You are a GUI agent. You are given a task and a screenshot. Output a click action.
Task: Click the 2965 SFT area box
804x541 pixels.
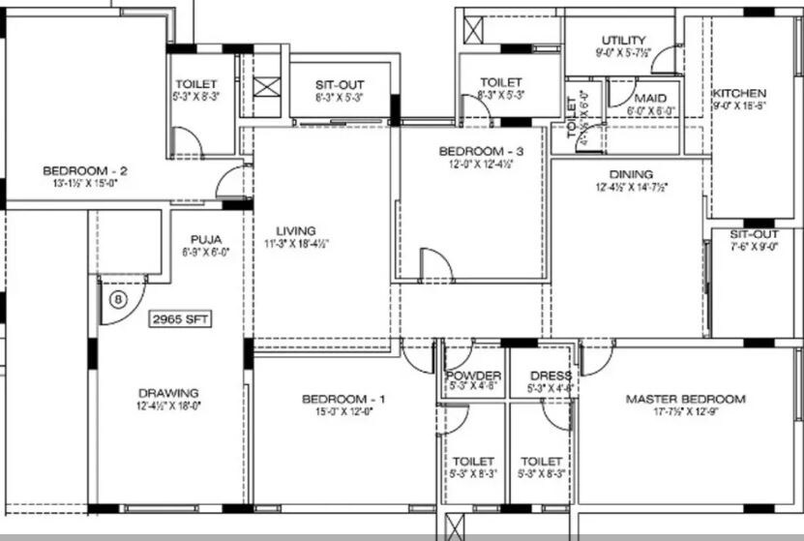(x=179, y=318)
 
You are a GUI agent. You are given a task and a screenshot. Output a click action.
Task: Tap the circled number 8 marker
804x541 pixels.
(x=118, y=299)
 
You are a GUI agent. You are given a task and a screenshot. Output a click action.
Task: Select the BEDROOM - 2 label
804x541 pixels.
(x=85, y=172)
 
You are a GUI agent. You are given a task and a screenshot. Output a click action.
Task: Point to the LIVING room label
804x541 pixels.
(x=295, y=230)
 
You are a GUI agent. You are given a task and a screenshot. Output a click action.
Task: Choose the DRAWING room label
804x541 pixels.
(x=168, y=393)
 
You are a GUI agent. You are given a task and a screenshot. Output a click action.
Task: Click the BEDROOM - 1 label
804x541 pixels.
(x=343, y=400)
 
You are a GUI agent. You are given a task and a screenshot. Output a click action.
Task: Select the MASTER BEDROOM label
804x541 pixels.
(x=685, y=399)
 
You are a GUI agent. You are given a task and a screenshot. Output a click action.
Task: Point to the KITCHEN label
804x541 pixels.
(x=740, y=93)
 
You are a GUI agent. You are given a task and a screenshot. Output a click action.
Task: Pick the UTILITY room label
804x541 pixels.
(x=623, y=41)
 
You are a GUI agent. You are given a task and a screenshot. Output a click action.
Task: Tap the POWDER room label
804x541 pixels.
(x=474, y=376)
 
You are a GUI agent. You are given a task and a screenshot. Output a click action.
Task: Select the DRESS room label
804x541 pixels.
(x=551, y=376)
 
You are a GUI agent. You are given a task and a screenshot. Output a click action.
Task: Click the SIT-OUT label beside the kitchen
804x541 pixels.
(x=753, y=234)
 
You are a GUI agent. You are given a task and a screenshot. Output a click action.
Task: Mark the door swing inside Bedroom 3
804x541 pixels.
(x=434, y=264)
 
